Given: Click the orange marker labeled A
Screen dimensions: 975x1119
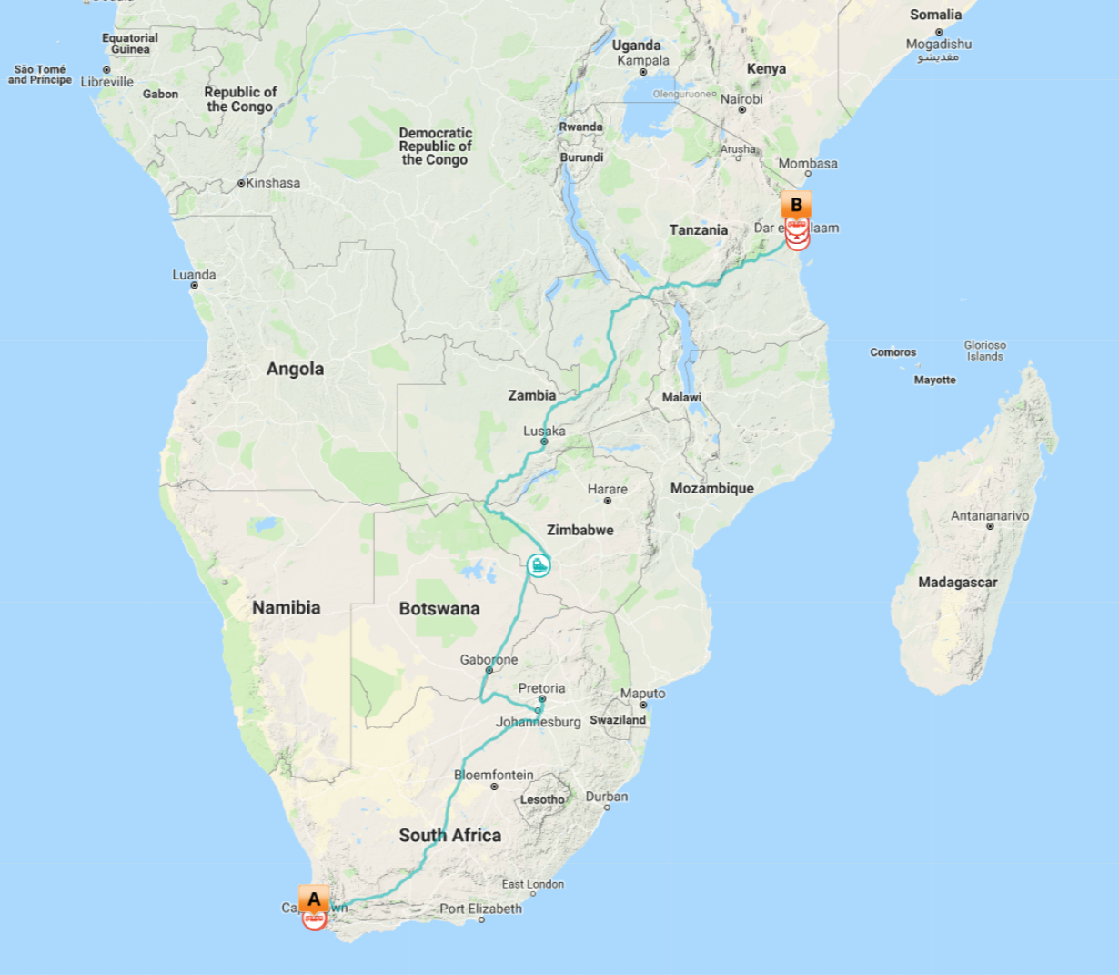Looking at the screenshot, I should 314,899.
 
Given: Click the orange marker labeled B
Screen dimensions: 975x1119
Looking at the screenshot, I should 796,206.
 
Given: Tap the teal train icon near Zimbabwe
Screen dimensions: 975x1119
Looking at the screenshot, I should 539,565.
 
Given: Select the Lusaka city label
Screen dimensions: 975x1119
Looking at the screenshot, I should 544,431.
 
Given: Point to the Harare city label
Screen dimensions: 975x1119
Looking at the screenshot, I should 607,489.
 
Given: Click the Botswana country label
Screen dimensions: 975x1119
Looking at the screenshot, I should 439,608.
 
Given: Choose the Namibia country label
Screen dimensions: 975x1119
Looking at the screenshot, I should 286,607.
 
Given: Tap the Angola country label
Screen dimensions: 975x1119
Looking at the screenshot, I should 295,369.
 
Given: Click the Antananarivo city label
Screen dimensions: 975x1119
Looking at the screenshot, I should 990,515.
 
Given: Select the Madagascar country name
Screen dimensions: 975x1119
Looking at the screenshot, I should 957,582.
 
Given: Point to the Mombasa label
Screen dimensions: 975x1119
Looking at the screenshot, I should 807,164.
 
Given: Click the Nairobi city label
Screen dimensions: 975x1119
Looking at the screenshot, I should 741,99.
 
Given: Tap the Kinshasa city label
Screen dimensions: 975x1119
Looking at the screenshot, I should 272,182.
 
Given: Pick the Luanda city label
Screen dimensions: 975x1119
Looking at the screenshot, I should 194,274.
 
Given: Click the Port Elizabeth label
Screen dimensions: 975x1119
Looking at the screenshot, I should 480,908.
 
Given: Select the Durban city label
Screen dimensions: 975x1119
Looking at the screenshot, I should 606,797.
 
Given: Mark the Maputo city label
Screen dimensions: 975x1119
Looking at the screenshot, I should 642,693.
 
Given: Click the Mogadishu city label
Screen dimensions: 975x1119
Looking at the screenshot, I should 938,44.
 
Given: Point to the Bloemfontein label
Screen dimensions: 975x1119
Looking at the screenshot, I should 493,775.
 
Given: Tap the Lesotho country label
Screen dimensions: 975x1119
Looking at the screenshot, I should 542,799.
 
